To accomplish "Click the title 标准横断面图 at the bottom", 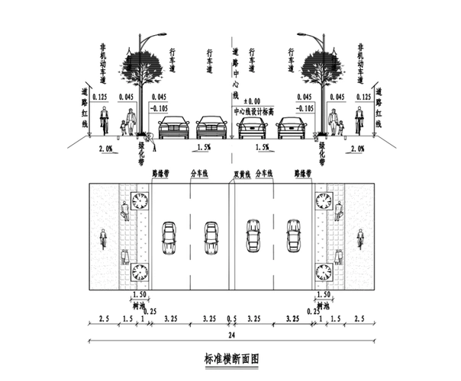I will point(232,357).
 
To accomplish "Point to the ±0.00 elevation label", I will point(251,101).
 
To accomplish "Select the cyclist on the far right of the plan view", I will point(359,239).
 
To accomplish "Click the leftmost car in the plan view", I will point(169,238).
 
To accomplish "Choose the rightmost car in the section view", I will point(291,127).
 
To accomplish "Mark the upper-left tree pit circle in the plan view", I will point(140,201).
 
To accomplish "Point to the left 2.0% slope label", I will point(107,149).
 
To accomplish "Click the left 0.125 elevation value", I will point(98,98).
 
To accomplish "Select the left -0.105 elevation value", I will point(160,108).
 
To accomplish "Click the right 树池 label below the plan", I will point(323,303).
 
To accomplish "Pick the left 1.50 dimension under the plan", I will point(140,294).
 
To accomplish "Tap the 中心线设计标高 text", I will point(251,110).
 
